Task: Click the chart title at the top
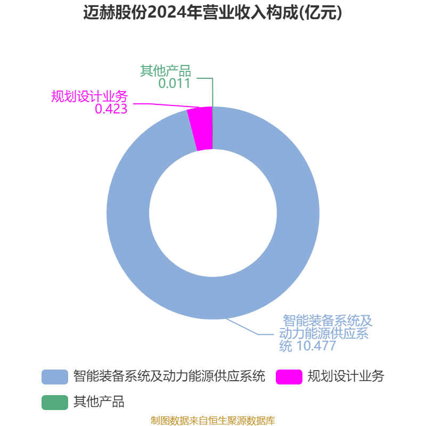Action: pos(212,12)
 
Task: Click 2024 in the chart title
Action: pos(166,12)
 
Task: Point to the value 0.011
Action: pos(174,83)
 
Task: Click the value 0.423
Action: pos(111,109)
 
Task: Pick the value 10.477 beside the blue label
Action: pos(316,346)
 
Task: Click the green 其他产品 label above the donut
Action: pos(166,71)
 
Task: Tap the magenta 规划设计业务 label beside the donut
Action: pos(89,96)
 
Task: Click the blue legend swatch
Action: pos(55,377)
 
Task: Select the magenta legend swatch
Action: pos(289,377)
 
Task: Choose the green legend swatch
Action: pos(55,403)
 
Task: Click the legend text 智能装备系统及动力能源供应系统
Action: pos(169,376)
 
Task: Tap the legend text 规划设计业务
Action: pos(346,376)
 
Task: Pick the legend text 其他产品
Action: pos(99,402)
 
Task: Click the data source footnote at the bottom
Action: pos(212,421)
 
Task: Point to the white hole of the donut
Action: pos(213,213)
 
